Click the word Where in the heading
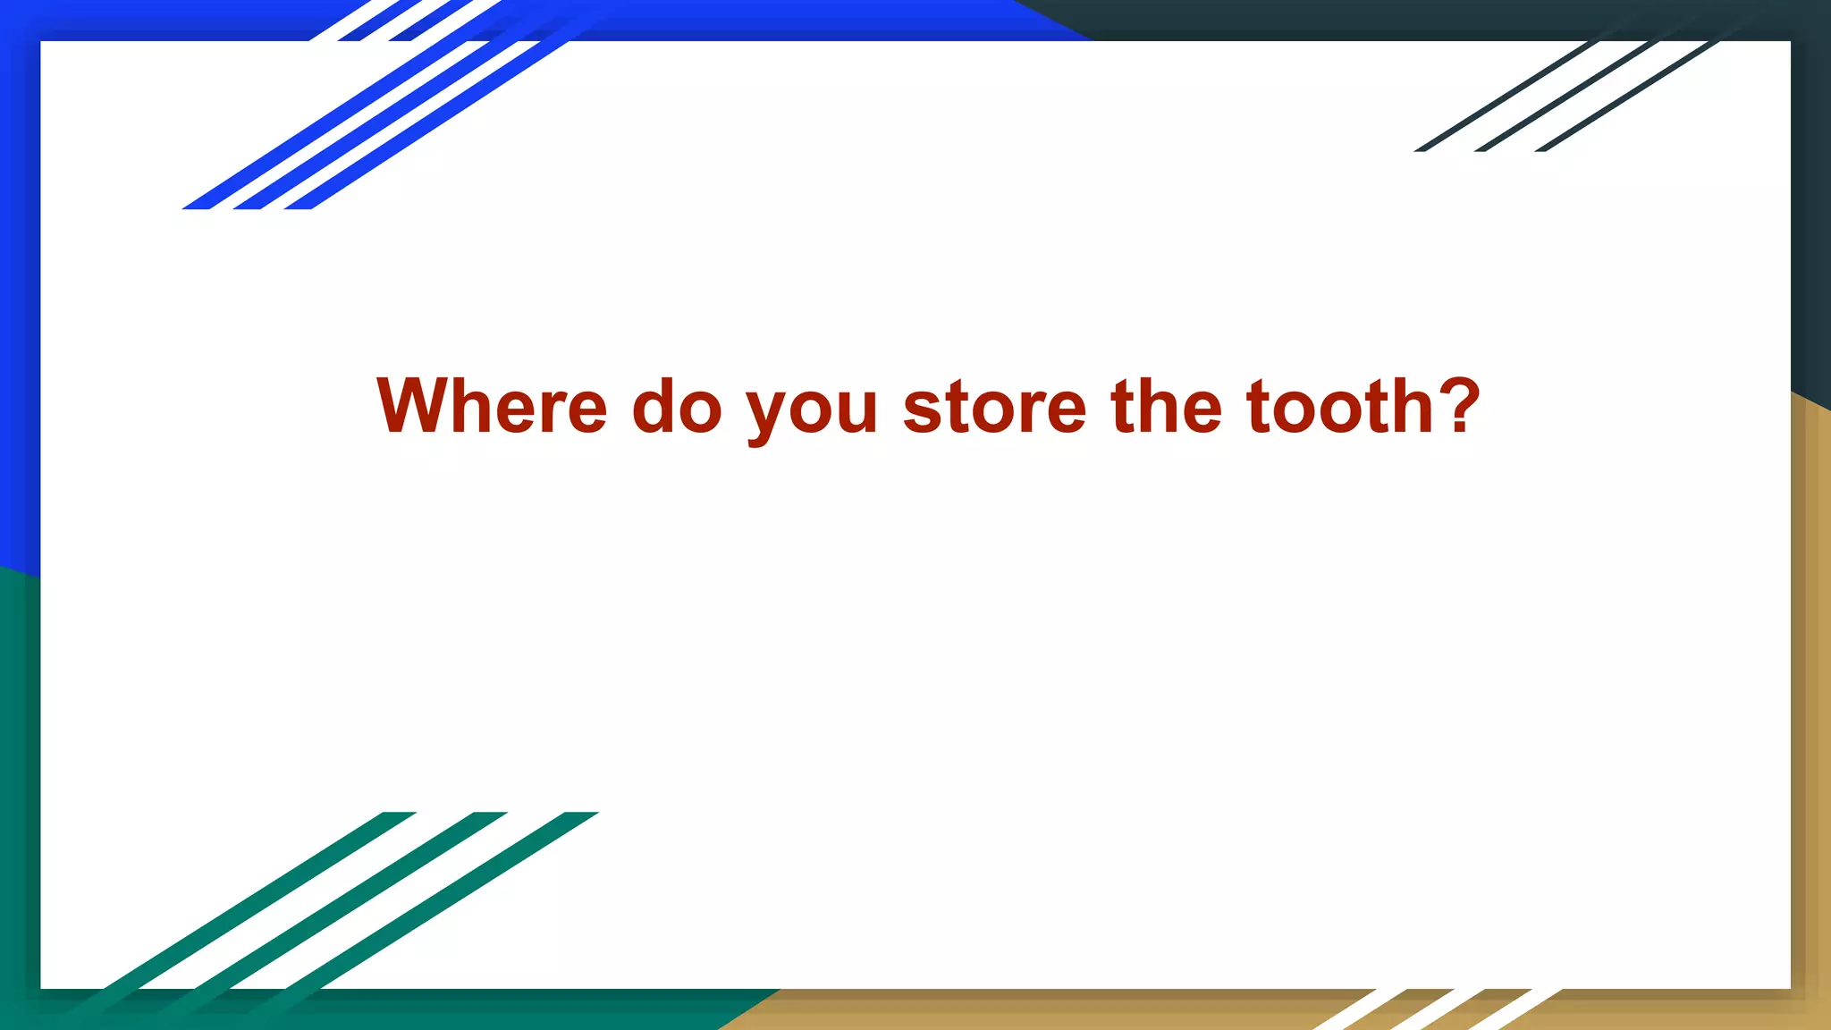(492, 407)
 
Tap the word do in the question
(677, 407)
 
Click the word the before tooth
(1166, 407)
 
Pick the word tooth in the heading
(1340, 407)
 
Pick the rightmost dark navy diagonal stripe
(1627, 97)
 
